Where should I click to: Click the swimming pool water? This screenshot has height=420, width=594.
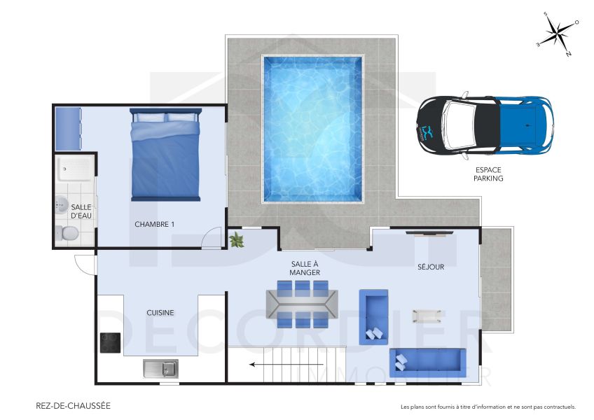(x=313, y=129)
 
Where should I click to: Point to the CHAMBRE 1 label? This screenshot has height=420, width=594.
(x=154, y=224)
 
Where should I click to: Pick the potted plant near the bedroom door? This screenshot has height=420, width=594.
(x=236, y=240)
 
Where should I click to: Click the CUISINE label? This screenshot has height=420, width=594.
(x=160, y=313)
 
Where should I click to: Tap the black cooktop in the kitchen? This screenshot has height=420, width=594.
(x=110, y=342)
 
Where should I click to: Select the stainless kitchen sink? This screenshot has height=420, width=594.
(x=160, y=367)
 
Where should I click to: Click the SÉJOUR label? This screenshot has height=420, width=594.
(x=431, y=267)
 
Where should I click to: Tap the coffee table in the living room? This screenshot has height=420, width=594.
(x=427, y=315)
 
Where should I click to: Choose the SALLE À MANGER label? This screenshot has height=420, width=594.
(x=305, y=268)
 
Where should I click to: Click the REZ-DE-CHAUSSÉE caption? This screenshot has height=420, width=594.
(x=73, y=406)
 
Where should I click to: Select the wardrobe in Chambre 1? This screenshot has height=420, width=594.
(x=67, y=128)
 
